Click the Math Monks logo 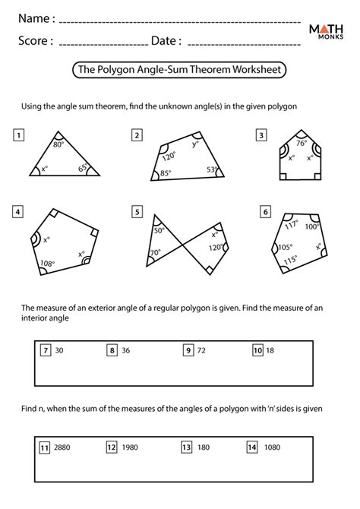326,31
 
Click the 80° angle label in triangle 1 58,144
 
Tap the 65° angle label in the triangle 83,167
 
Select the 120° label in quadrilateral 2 169,156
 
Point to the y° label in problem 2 194,144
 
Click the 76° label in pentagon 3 302,143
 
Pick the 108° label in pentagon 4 47,264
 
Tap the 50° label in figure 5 159,230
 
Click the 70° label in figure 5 155,252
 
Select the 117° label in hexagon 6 291,224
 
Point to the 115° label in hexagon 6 291,261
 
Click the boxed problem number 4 18,212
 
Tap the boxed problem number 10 257,350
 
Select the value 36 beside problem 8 125,350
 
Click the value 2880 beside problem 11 62,447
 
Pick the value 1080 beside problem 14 272,447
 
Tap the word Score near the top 33,40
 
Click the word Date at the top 163,40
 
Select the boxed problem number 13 186,447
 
